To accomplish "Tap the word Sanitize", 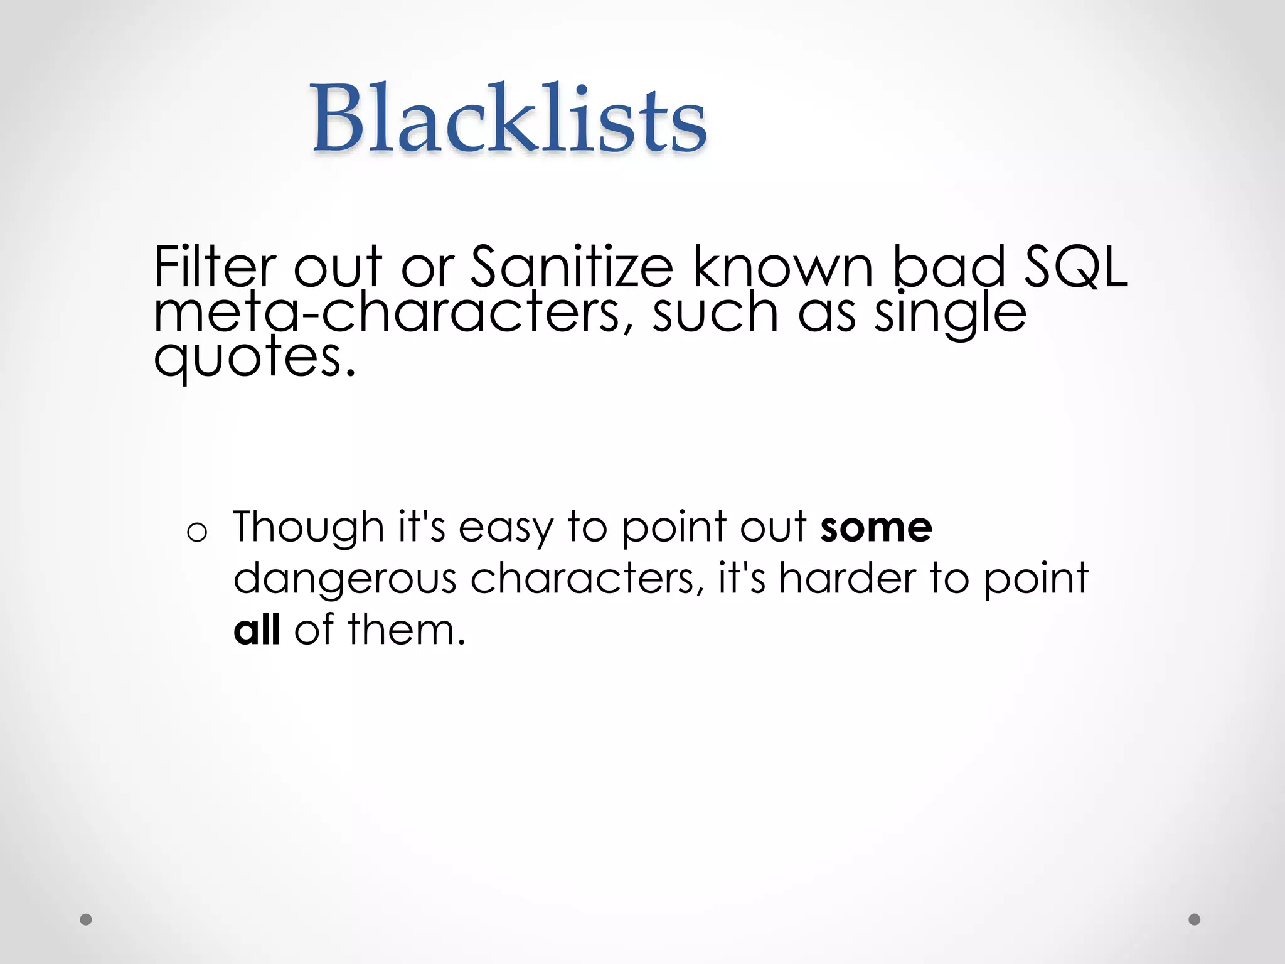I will [x=572, y=266].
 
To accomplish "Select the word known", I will [x=782, y=266].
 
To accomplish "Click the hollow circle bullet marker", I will [x=196, y=533].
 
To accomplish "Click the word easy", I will [x=506, y=527].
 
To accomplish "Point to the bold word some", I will [x=876, y=527].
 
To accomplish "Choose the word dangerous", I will [x=344, y=579].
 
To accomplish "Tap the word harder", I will [x=847, y=579].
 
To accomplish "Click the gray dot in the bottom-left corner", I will [x=86, y=919].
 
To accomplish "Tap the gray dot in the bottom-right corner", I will [x=1195, y=919].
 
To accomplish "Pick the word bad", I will [x=949, y=266].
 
